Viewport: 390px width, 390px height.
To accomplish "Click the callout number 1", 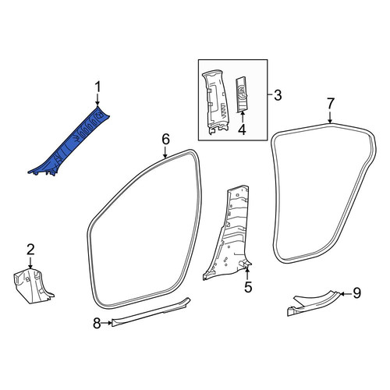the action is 97,87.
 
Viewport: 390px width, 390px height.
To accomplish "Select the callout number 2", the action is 30,250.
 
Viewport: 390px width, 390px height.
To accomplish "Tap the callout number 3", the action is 278,95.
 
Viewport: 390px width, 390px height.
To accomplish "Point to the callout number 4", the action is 242,129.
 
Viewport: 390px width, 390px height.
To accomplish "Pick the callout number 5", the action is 248,287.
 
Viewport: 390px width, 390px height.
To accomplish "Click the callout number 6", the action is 166,139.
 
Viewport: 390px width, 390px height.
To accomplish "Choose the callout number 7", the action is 330,104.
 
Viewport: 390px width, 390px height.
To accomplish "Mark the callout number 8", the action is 97,324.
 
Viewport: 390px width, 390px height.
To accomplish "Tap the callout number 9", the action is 357,293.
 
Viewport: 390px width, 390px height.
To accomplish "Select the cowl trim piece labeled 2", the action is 33,286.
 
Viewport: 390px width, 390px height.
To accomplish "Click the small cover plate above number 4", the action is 242,94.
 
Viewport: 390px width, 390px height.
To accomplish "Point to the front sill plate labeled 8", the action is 151,312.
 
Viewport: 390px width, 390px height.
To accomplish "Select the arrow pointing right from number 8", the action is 107,323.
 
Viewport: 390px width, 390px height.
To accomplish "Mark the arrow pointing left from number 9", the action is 346,294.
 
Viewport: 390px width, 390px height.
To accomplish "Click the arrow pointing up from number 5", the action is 247,274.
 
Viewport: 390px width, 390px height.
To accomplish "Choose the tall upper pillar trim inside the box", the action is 215,101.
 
